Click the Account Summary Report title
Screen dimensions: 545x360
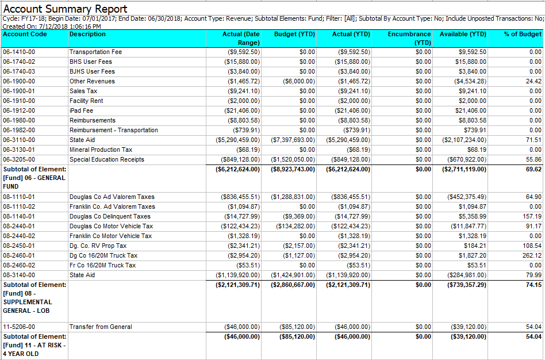pos(65,9)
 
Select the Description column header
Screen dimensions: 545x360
pos(87,34)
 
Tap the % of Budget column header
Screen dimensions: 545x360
pos(523,34)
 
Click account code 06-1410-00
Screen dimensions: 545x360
pos(19,52)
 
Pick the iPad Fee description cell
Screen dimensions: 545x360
pos(81,110)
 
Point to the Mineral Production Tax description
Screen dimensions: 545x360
pos(101,150)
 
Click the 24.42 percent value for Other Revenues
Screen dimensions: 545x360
pos(534,82)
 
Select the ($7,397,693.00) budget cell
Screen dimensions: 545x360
pos(293,140)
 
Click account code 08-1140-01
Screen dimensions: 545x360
pos(19,216)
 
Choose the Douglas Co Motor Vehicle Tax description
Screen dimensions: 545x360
pos(111,226)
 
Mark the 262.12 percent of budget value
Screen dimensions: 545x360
pos(532,255)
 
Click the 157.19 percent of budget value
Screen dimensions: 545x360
pos(532,216)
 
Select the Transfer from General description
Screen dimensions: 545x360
pos(101,327)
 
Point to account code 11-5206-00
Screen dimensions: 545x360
pos(19,327)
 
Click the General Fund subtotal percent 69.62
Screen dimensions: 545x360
pos(534,170)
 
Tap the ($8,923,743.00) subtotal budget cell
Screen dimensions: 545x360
pos(293,170)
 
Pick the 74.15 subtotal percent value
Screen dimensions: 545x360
pos(534,285)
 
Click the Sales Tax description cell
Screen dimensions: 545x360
pos(83,91)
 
